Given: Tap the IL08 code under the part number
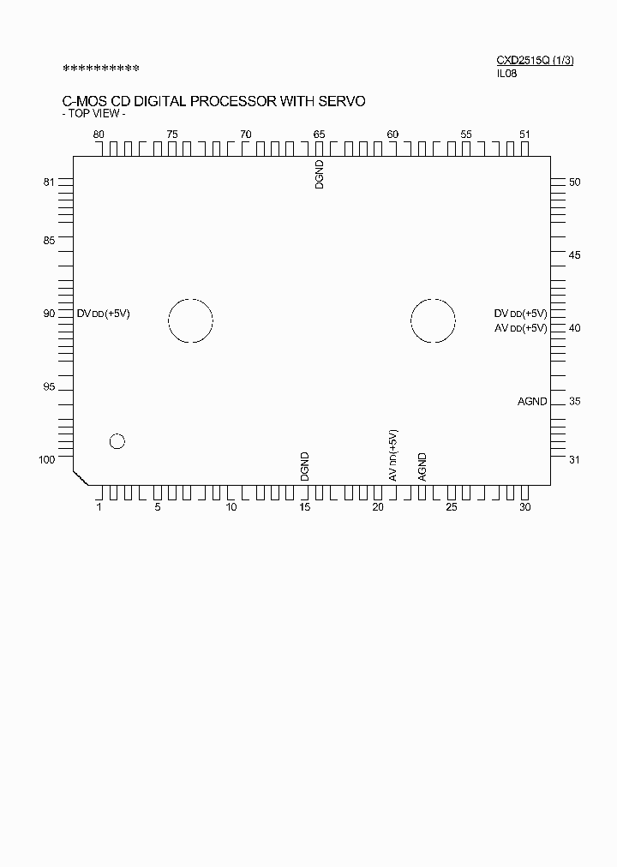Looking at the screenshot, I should click(506, 73).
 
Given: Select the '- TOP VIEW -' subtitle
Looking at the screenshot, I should click(94, 114).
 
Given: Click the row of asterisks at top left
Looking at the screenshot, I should click(101, 68).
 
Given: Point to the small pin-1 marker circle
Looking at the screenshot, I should click(117, 441).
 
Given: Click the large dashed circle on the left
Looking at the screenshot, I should click(190, 321).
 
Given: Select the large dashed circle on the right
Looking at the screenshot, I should click(433, 321).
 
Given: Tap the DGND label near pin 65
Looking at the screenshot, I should click(320, 174).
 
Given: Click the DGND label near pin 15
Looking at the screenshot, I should click(304, 466).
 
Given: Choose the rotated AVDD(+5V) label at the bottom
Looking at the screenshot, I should click(392, 455).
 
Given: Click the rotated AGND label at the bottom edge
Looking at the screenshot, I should click(422, 466).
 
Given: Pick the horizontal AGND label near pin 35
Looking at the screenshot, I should click(532, 401).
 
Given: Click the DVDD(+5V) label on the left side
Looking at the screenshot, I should click(104, 314).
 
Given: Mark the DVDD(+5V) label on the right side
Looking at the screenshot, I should click(520, 314).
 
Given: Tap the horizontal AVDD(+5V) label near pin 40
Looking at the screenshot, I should click(520, 328).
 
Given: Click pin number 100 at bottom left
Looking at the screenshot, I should click(47, 460).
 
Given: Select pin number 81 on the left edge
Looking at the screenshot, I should click(49, 182).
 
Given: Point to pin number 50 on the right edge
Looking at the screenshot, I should click(575, 182).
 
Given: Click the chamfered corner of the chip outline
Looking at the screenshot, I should click(80, 477).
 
